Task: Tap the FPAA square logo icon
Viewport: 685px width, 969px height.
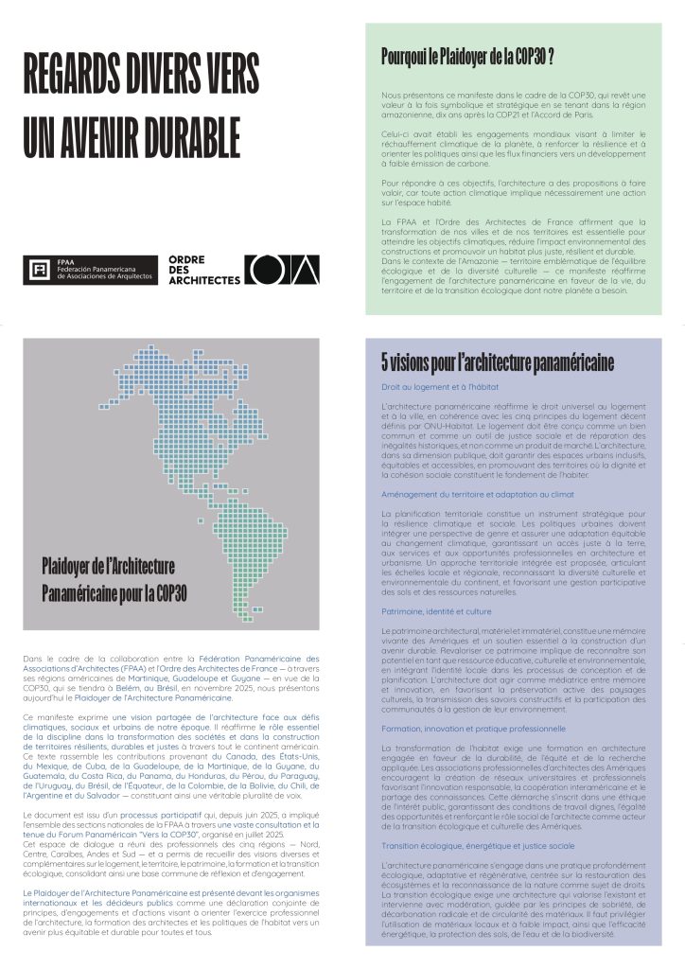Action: click(40, 272)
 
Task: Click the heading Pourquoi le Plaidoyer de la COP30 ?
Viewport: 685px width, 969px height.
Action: click(467, 55)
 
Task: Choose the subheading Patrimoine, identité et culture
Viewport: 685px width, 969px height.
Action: click(436, 612)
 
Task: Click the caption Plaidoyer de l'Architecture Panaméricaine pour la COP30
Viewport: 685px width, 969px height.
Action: click(114, 580)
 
